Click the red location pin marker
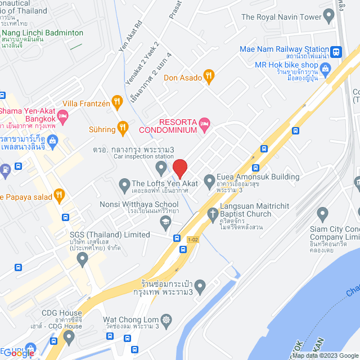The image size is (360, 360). tap(179, 168)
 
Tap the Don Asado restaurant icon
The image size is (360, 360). tap(209, 77)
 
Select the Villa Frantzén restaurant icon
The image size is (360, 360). tap(117, 102)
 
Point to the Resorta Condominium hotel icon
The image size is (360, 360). tap(205, 123)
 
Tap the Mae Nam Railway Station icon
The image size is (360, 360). tap(336, 51)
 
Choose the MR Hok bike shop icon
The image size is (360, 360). tap(325, 69)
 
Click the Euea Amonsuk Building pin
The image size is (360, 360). tap(209, 181)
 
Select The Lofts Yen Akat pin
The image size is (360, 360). tap(124, 183)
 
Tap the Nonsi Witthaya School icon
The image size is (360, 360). tap(165, 223)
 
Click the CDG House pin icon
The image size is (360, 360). tap(69, 337)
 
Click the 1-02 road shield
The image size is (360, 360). tap(193, 240)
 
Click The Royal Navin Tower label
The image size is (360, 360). tap(281, 17)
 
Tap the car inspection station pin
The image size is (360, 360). tap(161, 167)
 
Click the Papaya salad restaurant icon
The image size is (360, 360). tap(59, 196)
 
